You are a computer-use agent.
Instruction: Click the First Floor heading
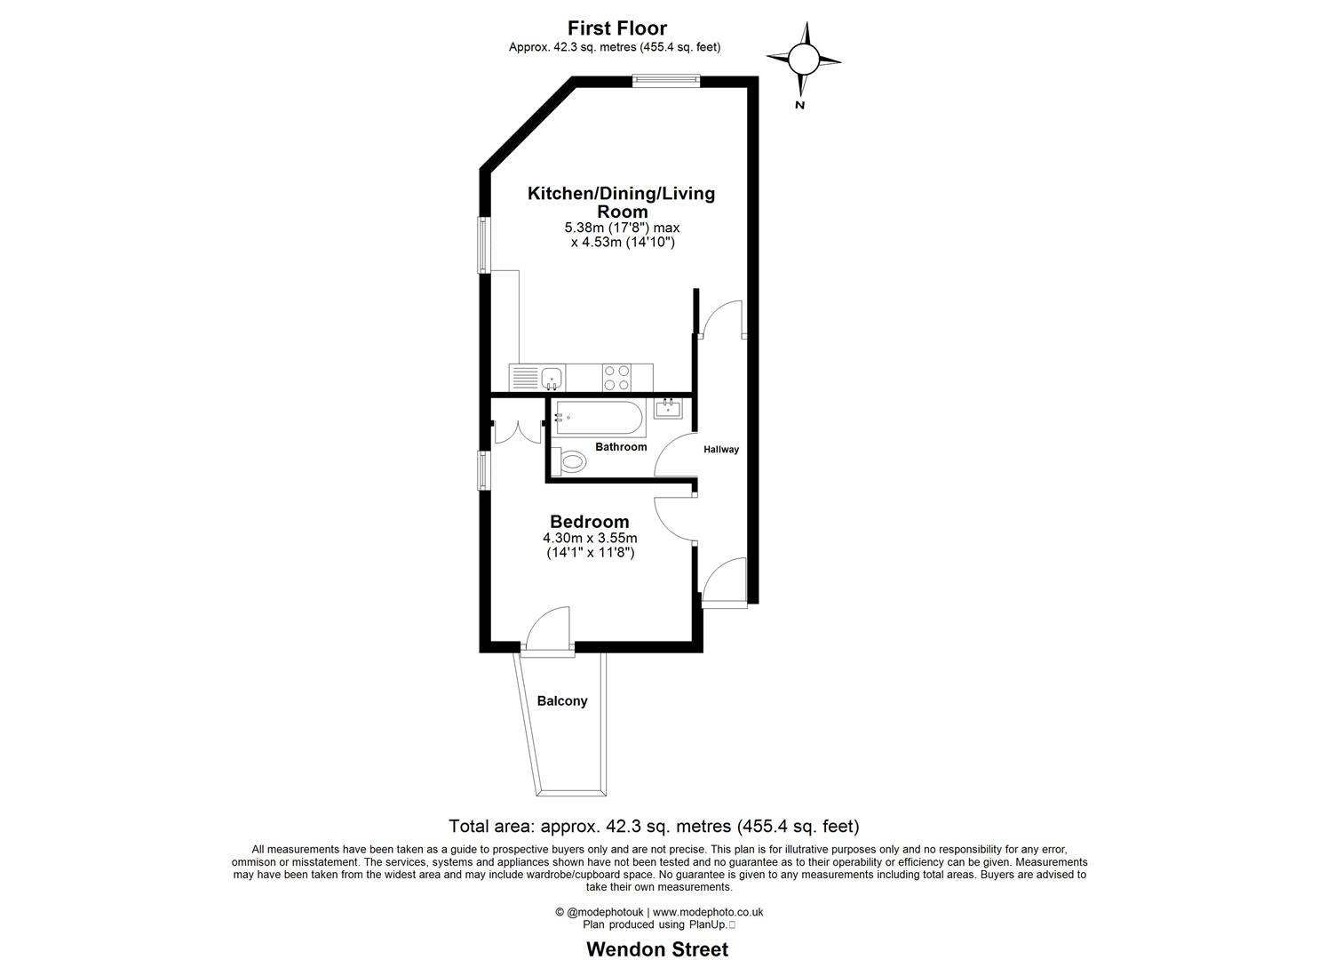point(616,28)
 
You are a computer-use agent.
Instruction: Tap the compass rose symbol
point(803,60)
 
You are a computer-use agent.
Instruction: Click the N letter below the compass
point(799,105)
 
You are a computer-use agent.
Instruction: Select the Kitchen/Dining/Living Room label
point(621,202)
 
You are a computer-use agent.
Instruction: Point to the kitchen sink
point(552,378)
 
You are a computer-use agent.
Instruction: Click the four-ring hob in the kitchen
point(616,378)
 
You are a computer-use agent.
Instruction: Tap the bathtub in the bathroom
point(596,417)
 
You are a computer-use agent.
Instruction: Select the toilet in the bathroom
point(569,461)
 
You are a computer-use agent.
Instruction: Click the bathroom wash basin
point(667,409)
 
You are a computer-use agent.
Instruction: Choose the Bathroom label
point(621,446)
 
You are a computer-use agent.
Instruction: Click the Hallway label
point(721,450)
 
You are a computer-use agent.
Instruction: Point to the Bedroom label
point(589,522)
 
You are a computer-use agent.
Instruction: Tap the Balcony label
point(562,701)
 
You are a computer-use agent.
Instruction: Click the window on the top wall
point(666,80)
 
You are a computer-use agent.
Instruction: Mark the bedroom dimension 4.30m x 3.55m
point(590,538)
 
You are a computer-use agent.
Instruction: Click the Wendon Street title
point(656,948)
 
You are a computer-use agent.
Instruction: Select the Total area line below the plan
point(654,826)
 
